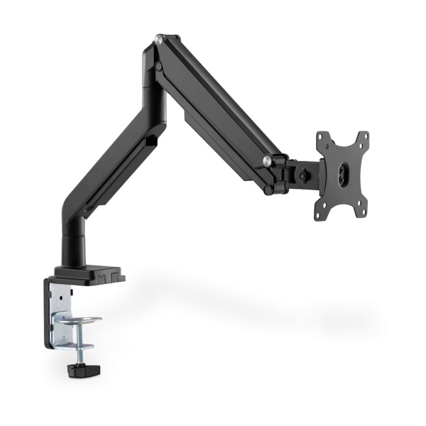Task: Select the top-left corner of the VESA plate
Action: point(322,136)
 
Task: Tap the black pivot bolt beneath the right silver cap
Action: point(268,190)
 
